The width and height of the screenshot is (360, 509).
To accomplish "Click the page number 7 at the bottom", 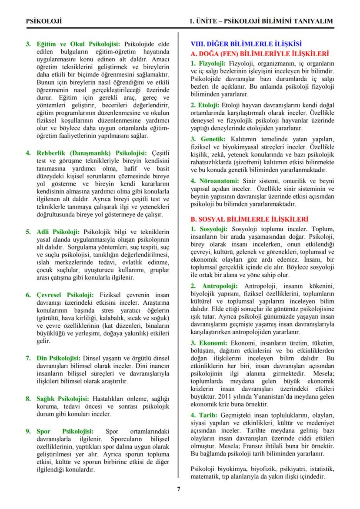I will point(179,488).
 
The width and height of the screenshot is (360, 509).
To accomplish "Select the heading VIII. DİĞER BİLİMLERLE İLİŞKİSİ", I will point(247,44).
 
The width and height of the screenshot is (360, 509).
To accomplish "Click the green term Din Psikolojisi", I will point(59,358).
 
